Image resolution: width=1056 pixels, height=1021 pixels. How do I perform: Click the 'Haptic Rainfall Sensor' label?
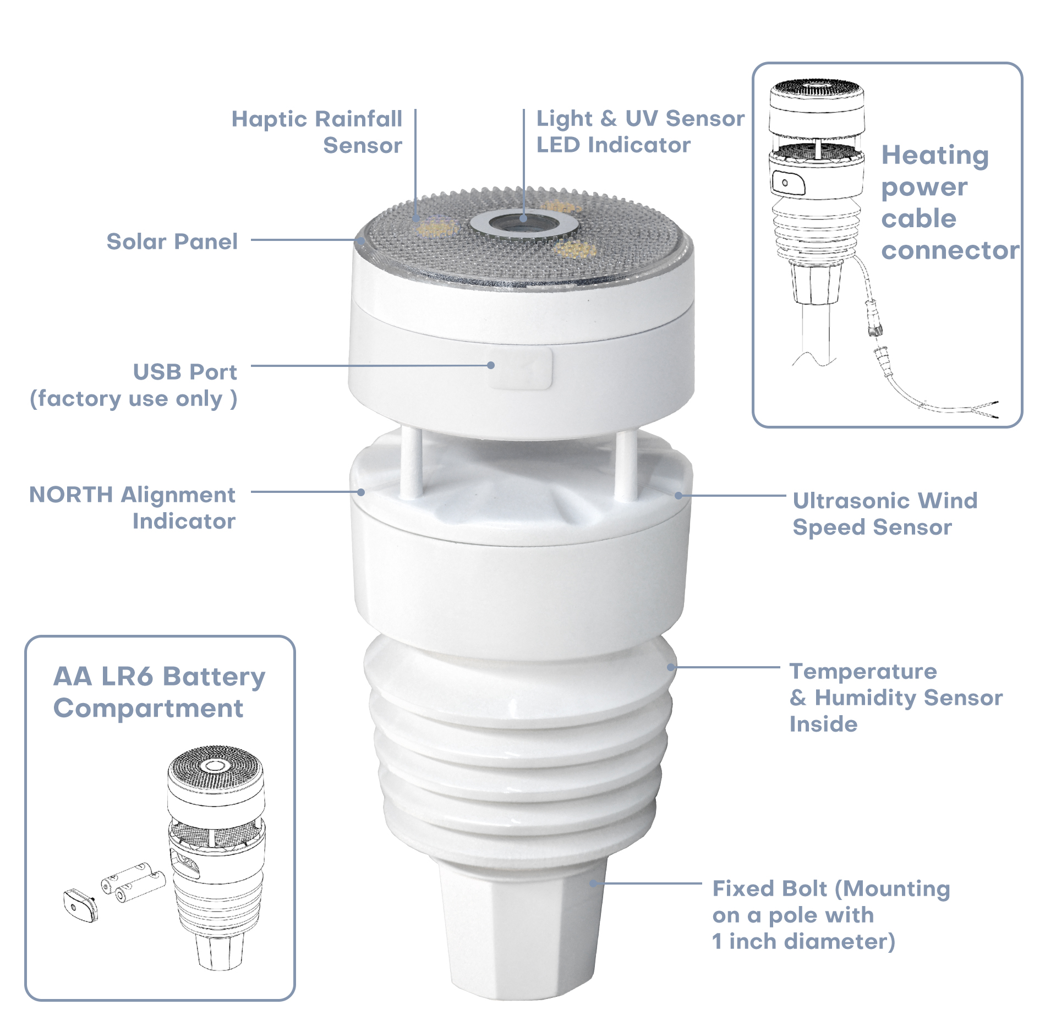point(317,132)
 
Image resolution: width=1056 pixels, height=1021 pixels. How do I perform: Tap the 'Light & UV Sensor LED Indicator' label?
point(641,131)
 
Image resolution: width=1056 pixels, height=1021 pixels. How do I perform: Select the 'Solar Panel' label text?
point(172,241)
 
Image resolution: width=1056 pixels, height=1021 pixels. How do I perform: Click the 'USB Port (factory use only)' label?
point(134,385)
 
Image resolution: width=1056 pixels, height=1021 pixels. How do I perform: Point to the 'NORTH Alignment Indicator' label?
point(133,507)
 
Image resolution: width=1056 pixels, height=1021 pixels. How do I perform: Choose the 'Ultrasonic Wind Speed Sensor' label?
point(885,513)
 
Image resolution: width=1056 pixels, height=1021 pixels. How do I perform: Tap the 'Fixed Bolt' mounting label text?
point(831,915)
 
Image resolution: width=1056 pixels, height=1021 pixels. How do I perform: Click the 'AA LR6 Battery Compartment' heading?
point(160,692)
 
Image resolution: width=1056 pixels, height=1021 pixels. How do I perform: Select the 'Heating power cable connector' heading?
point(950,202)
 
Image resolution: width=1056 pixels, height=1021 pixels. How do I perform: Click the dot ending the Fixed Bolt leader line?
point(594,883)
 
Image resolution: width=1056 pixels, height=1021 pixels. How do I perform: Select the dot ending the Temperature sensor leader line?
point(671,667)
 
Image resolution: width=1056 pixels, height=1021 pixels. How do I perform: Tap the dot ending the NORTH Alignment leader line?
point(361,492)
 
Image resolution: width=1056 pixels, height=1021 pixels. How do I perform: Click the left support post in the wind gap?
point(411,463)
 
